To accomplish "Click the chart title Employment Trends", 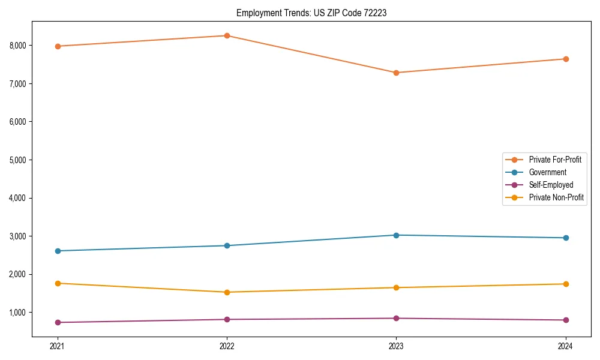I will pyautogui.click(x=311, y=13).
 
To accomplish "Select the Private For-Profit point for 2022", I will pyautogui.click(x=227, y=35).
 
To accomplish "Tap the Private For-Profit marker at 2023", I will pyautogui.click(x=396, y=73).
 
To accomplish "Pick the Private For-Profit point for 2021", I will pyautogui.click(x=58, y=46).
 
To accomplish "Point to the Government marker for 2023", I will pyautogui.click(x=396, y=235).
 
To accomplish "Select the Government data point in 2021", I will pyautogui.click(x=58, y=251).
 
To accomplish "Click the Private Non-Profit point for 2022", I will pyautogui.click(x=227, y=292).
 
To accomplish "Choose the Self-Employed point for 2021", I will pyautogui.click(x=58, y=322).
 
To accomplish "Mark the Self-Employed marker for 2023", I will pyautogui.click(x=396, y=318).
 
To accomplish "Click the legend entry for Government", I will pyautogui.click(x=547, y=172).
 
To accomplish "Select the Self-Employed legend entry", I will pyautogui.click(x=551, y=185).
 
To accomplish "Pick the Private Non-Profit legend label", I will pyautogui.click(x=556, y=197).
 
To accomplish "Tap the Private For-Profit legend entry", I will pyautogui.click(x=555, y=160).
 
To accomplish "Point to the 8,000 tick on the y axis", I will pyautogui.click(x=18, y=45).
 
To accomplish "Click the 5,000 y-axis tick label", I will pyautogui.click(x=18, y=160).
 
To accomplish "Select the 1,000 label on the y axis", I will pyautogui.click(x=18, y=313).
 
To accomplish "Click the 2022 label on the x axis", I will pyautogui.click(x=227, y=346).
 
